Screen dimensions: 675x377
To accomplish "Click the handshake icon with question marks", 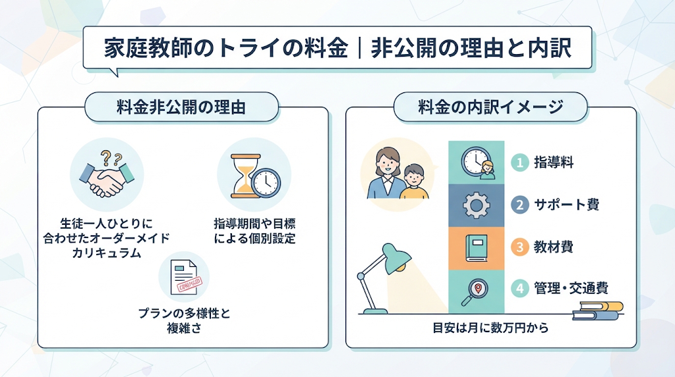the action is (107, 174).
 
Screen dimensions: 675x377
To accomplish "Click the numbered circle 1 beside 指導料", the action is (519, 163).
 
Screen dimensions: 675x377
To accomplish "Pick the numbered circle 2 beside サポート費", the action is (519, 204).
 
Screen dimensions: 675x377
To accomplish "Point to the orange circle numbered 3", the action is (519, 247).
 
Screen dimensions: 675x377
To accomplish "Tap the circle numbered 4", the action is (519, 288).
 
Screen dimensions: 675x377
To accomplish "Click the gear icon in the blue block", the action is (476, 205).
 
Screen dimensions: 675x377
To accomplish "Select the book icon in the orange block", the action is (477, 248).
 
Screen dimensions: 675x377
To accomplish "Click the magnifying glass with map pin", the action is (475, 293).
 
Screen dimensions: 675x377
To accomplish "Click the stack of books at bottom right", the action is (597, 310).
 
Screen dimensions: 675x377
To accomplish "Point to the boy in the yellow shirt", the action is (414, 181).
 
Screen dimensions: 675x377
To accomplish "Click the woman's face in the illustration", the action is (387, 163).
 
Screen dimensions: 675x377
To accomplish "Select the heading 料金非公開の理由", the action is (181, 107).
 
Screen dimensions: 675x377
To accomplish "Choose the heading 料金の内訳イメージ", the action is (490, 107).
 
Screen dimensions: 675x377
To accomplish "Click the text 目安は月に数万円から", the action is (490, 328).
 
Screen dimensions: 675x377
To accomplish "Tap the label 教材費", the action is (553, 247).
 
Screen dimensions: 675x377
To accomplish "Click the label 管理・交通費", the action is (571, 288).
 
